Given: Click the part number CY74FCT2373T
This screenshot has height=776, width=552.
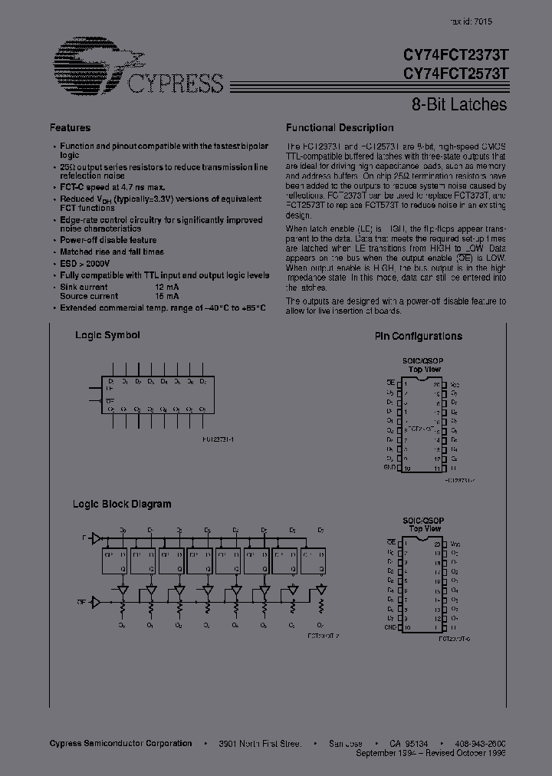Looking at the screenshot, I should (x=455, y=56).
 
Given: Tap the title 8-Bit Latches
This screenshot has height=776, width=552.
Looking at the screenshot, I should (x=455, y=104).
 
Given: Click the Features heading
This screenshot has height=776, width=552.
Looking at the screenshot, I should (x=70, y=128).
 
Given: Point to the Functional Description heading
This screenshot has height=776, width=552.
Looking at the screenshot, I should (x=340, y=128).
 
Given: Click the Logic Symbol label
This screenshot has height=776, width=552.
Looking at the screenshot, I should (x=107, y=335).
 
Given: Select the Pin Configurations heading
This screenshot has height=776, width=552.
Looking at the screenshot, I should (x=418, y=336).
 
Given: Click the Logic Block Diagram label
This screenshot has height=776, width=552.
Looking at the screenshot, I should (x=122, y=504).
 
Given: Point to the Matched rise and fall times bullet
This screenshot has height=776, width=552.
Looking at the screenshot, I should (x=112, y=252).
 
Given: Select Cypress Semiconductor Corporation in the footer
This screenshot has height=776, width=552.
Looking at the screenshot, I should (x=120, y=744).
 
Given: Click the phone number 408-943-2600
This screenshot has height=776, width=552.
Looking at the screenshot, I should (x=479, y=744).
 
